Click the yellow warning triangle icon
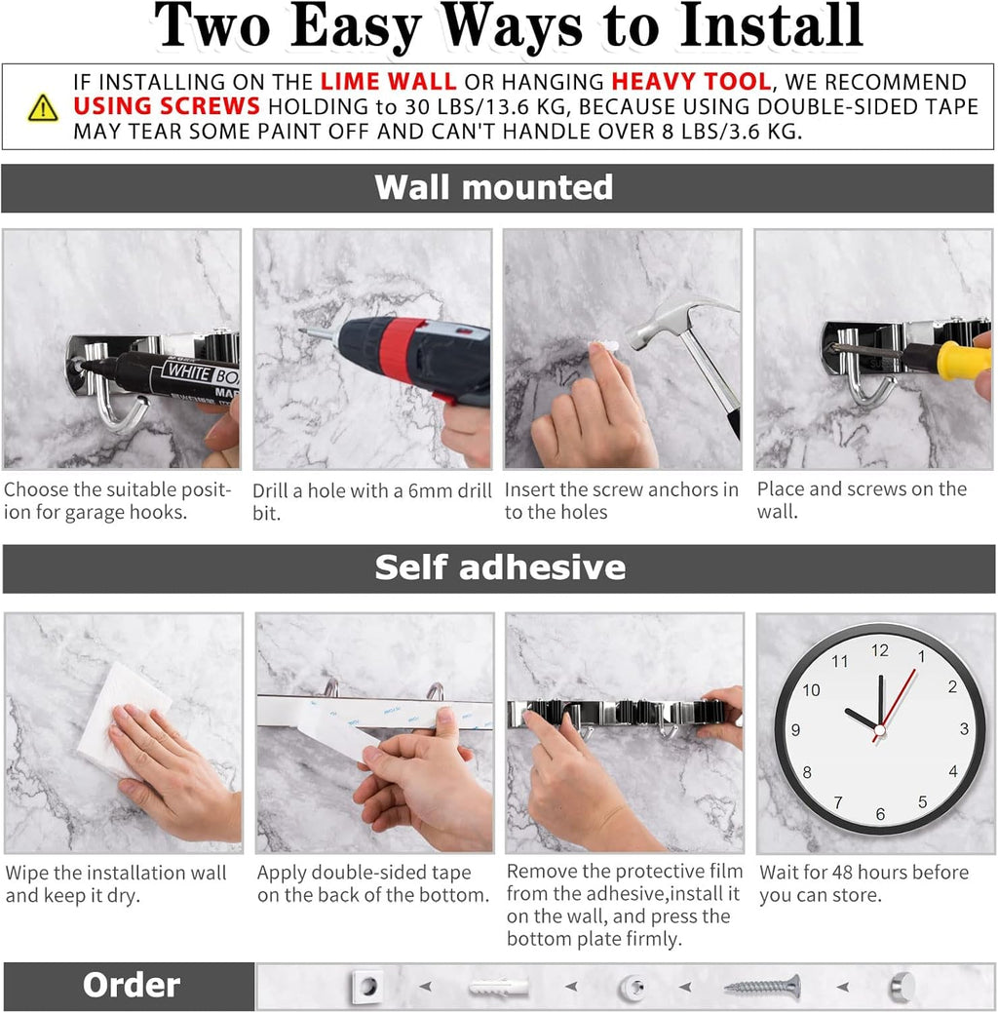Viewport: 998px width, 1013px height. click(x=42, y=107)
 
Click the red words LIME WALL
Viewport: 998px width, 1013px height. click(x=388, y=82)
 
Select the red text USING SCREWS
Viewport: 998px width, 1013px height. click(x=167, y=106)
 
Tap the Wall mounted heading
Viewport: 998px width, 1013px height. click(x=494, y=187)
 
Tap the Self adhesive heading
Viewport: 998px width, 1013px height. click(x=500, y=567)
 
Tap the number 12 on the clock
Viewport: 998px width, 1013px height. click(x=879, y=650)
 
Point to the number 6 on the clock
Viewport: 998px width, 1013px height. click(x=880, y=814)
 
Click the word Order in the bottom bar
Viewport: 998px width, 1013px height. click(x=131, y=986)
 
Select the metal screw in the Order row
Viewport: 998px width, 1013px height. click(x=761, y=987)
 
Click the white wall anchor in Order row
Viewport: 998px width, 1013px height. click(x=498, y=988)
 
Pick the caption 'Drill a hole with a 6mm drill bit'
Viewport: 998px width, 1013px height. click(x=371, y=501)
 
